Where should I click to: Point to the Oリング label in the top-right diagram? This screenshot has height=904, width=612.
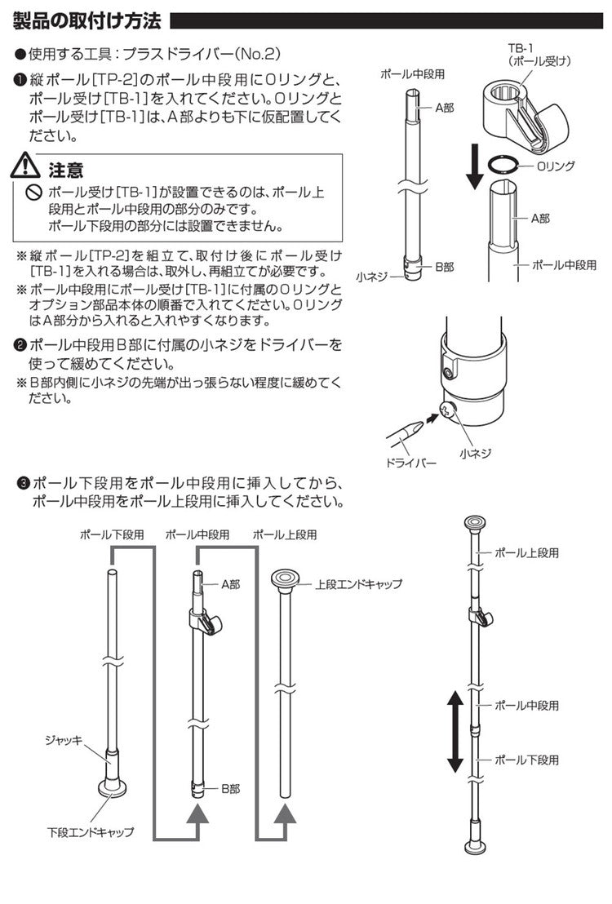click(x=556, y=166)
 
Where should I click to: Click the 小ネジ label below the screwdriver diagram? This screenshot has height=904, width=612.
click(x=476, y=452)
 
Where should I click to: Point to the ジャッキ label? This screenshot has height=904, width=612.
click(x=64, y=740)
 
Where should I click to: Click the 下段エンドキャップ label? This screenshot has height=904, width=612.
click(x=90, y=832)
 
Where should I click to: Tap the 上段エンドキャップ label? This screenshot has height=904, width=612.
click(x=358, y=584)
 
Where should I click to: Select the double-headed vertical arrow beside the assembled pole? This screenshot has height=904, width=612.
click(x=455, y=732)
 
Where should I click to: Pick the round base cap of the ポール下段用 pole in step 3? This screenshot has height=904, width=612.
click(x=113, y=789)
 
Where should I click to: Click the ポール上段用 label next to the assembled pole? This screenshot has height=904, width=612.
click(x=526, y=552)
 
